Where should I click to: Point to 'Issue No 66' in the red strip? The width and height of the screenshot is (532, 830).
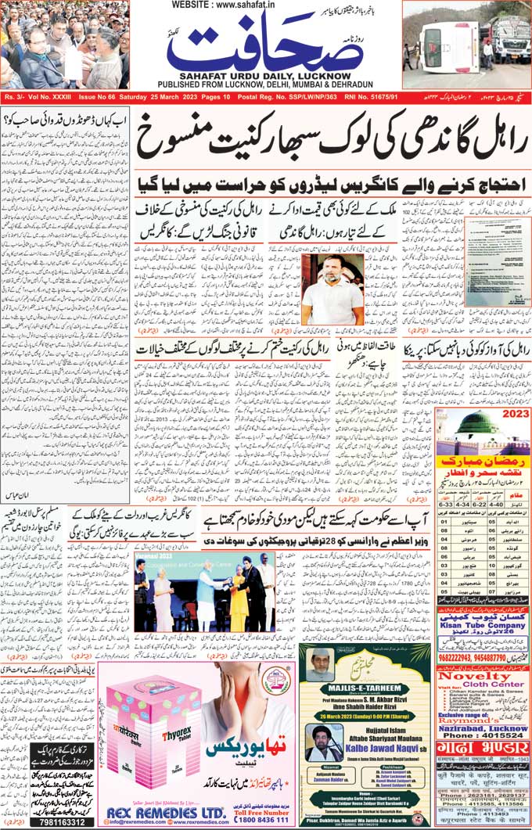coord(97,96)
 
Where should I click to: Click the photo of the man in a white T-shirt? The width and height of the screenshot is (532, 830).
coord(332,289)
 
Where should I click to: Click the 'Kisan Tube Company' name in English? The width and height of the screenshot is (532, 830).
coord(483,627)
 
